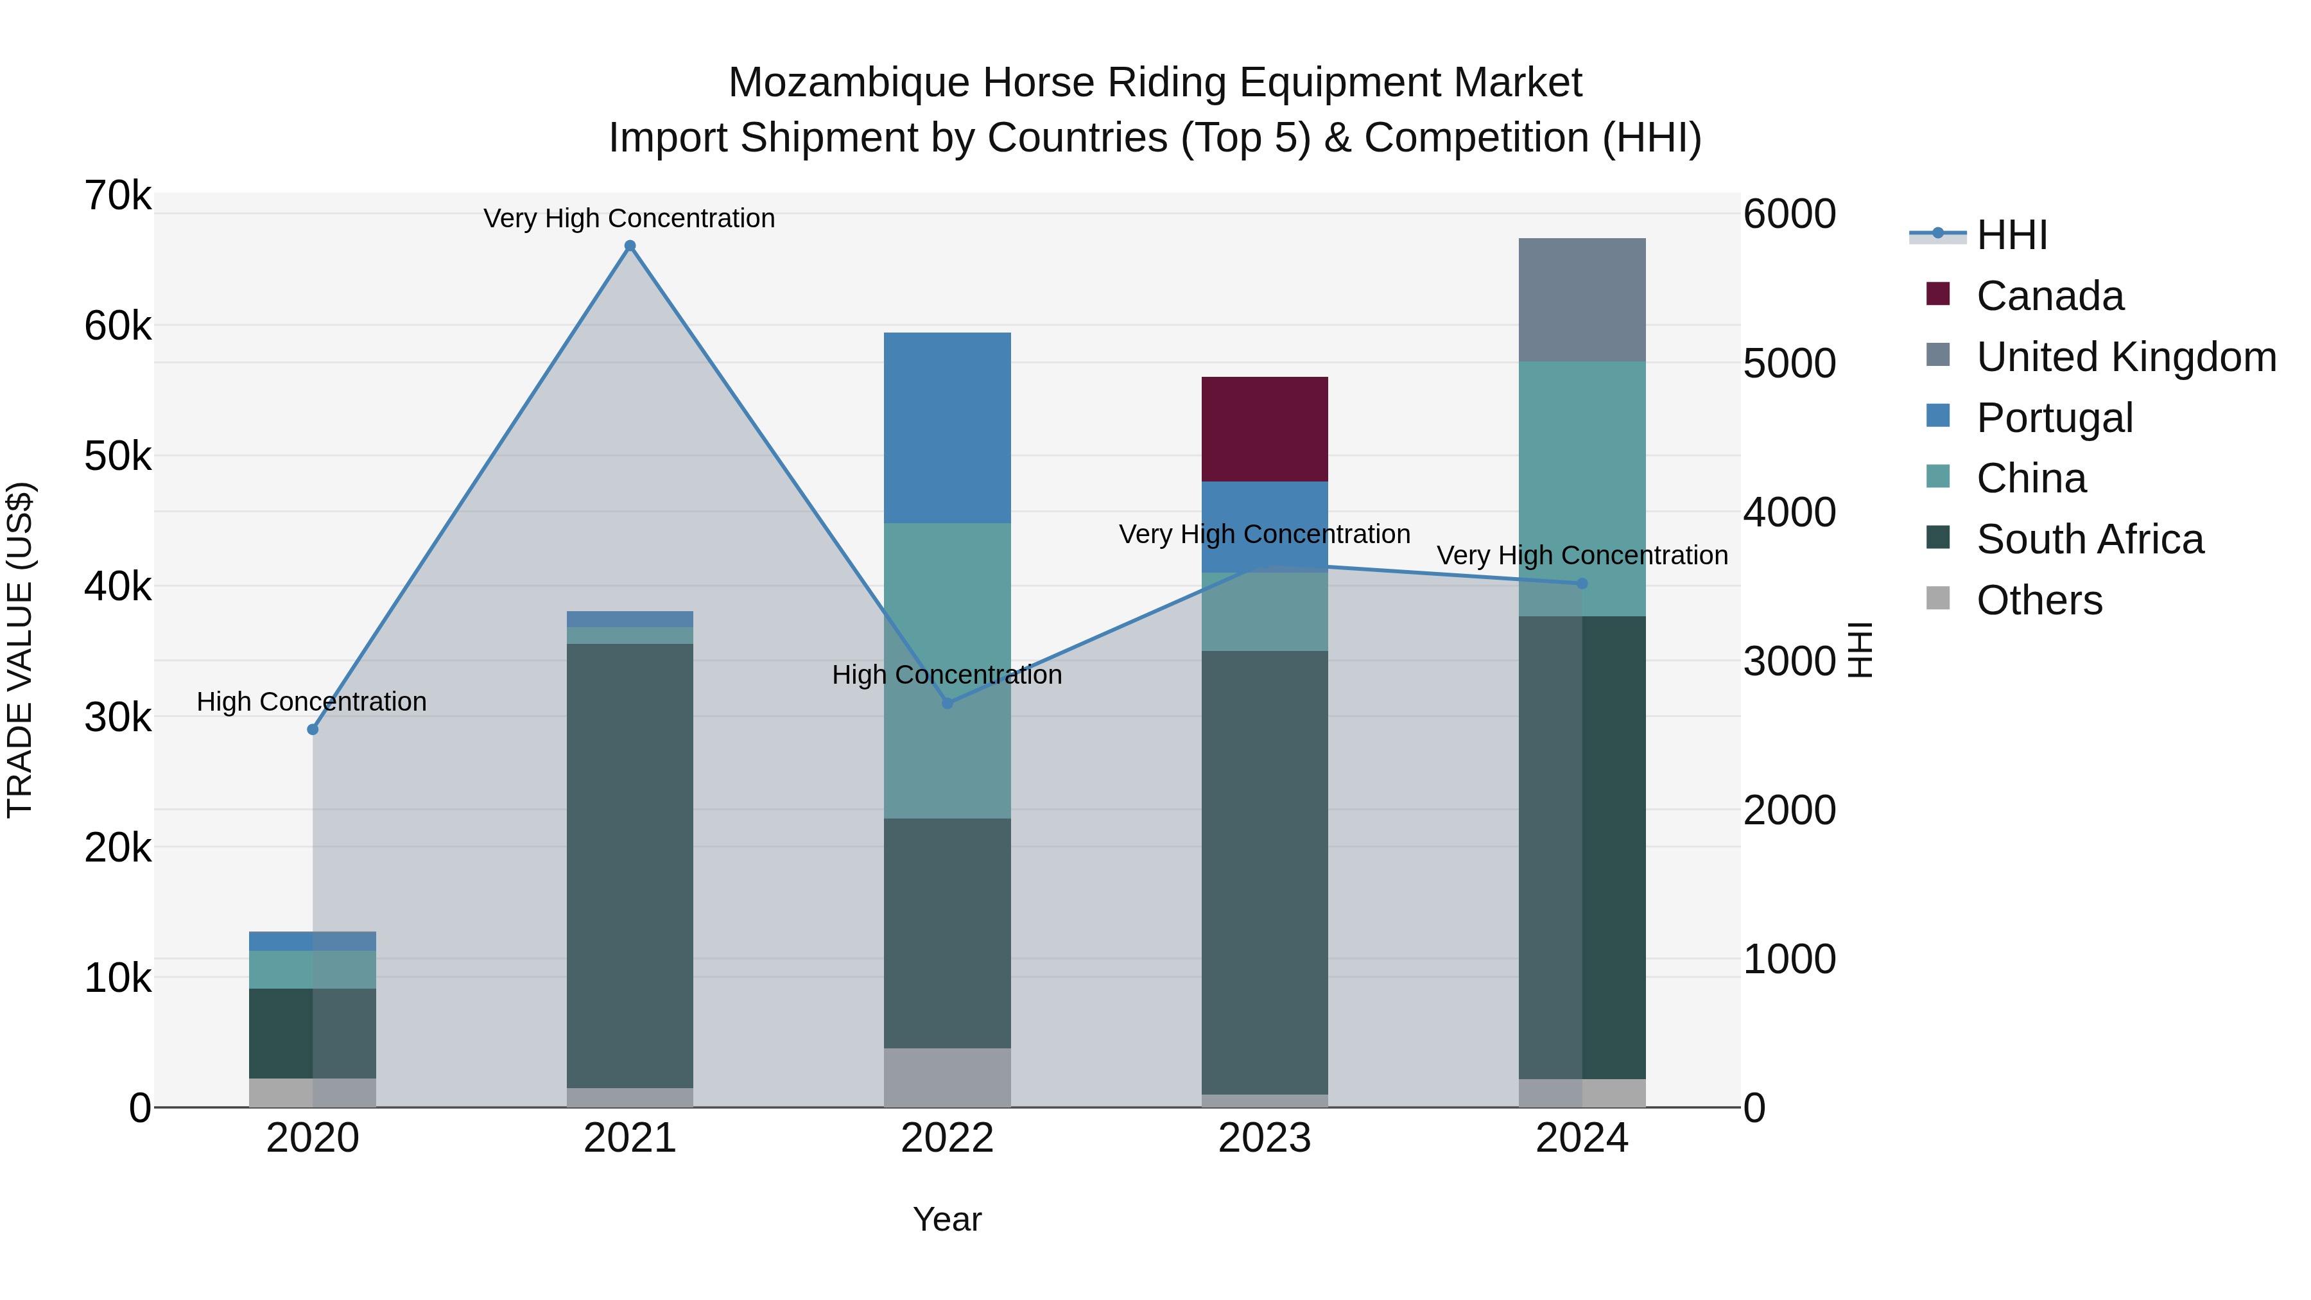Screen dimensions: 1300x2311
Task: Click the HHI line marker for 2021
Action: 630,246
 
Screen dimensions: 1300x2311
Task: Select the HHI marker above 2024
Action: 1582,583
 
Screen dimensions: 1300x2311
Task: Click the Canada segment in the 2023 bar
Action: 1265,429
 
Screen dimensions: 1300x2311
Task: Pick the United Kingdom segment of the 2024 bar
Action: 1582,300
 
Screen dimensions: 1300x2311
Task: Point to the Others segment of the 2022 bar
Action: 948,1077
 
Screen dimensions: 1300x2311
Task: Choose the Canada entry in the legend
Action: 2050,296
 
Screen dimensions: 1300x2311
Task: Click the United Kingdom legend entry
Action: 2126,357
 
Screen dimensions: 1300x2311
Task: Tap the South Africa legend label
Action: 2090,539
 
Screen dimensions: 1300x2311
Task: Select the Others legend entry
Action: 2039,600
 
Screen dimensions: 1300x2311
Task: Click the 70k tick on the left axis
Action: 118,196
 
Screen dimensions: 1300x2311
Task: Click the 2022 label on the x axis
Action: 948,1138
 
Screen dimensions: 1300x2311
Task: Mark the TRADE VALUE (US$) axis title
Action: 20,650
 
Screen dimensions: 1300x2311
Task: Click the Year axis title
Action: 948,1219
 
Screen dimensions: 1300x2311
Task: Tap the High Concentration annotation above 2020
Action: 311,702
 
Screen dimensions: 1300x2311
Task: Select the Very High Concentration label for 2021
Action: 629,218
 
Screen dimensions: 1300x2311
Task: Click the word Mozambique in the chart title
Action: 849,83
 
